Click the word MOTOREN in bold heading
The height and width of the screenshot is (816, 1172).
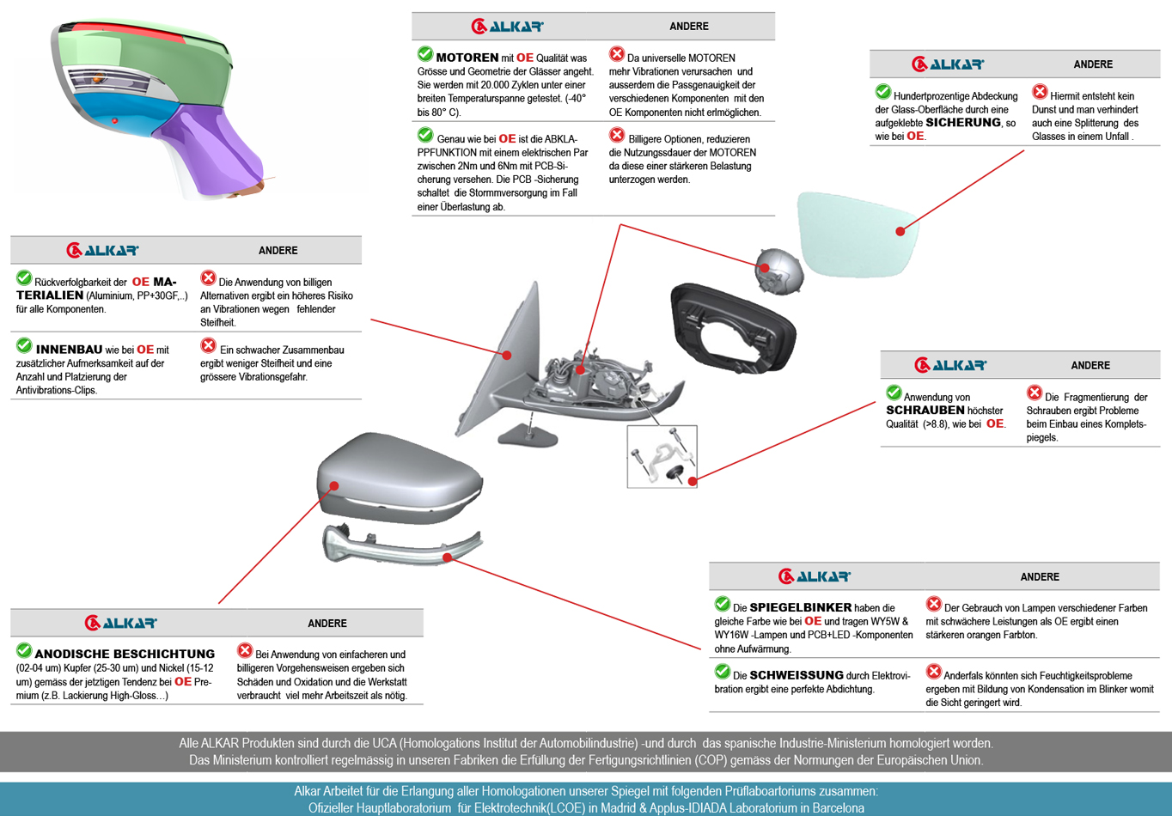(x=467, y=58)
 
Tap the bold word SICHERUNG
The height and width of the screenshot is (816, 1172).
(x=962, y=123)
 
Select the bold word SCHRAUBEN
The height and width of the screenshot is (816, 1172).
(x=925, y=411)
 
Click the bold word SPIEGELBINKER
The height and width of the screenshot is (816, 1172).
(x=801, y=607)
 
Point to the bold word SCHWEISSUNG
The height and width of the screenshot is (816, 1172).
(x=797, y=675)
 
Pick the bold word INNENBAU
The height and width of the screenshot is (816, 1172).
(x=69, y=350)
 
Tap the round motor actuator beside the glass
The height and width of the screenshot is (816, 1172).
(x=778, y=271)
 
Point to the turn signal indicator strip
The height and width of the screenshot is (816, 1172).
(x=400, y=546)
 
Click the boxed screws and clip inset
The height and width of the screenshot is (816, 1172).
(x=662, y=456)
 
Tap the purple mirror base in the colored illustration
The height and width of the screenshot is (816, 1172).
(x=215, y=150)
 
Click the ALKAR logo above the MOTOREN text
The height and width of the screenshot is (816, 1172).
(x=507, y=27)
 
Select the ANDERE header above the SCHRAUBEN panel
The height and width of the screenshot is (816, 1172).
(x=1090, y=366)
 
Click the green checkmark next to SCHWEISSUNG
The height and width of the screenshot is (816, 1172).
(x=722, y=672)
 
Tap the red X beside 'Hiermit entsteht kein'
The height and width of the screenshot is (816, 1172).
(x=1040, y=92)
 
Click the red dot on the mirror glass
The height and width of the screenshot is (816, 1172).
(x=900, y=231)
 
